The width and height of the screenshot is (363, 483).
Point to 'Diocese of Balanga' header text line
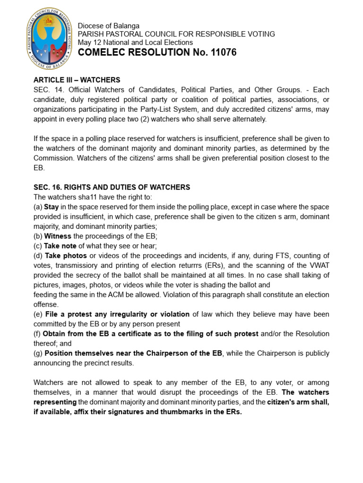coord(108,26)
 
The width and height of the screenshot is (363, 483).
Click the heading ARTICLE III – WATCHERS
coord(77,80)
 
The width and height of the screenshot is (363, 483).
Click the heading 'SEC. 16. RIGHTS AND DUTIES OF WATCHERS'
coord(112,187)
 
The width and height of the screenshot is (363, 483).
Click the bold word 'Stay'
coord(52,207)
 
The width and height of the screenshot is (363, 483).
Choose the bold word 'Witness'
coord(58,236)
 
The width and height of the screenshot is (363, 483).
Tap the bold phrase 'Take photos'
coord(66,256)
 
